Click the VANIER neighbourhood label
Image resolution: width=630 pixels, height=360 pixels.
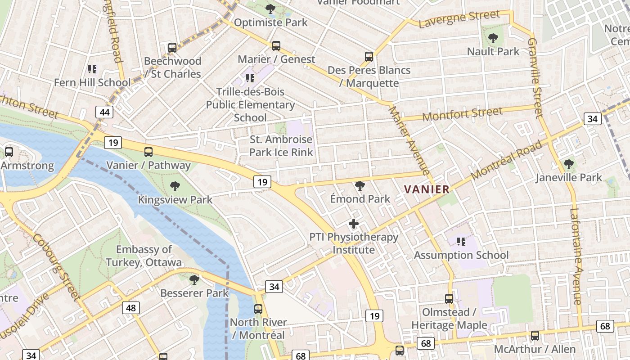[x=427, y=189]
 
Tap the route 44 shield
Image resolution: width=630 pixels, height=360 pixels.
[x=104, y=112]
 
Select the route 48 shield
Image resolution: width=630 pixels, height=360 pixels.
[x=131, y=308]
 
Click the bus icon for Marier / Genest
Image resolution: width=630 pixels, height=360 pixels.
[x=276, y=45]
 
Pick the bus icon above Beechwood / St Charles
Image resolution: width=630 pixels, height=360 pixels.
[x=172, y=47]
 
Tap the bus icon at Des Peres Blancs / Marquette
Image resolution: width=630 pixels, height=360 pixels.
[x=369, y=56]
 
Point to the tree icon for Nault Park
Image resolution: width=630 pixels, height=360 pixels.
[x=493, y=38]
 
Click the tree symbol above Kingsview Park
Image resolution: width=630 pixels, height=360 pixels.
[x=175, y=186]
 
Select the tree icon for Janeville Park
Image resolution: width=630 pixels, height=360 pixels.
[x=569, y=164]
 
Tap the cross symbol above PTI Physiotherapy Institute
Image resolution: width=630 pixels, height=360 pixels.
[x=354, y=223]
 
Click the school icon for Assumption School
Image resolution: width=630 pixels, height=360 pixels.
[x=461, y=242]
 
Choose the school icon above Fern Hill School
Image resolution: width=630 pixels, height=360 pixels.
[x=92, y=69]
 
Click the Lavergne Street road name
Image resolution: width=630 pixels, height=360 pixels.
[x=459, y=18]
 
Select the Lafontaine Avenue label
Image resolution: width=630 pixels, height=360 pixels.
[x=576, y=256]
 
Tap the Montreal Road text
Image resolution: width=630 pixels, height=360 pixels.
[x=507, y=160]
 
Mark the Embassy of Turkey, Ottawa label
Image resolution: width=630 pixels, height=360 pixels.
[x=144, y=256]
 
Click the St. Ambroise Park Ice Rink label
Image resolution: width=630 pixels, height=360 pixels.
[x=281, y=146]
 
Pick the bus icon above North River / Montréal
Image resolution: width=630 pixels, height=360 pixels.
[x=258, y=309]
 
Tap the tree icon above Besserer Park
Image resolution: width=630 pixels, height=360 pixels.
[x=194, y=280]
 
